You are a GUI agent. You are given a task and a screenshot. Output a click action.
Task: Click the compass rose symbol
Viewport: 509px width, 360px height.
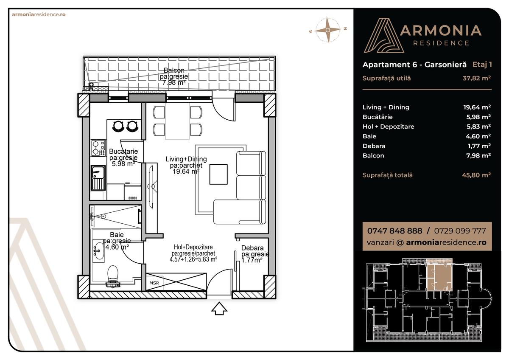click(x=328, y=30)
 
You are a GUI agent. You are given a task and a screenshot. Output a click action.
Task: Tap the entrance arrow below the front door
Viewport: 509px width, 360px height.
click(x=219, y=309)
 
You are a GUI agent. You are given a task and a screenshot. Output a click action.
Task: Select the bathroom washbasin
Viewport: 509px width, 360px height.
click(x=98, y=250)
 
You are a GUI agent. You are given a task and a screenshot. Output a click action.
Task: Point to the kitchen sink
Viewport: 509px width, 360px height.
click(x=98, y=177)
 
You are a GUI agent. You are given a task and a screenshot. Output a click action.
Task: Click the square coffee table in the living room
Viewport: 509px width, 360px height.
click(x=218, y=174)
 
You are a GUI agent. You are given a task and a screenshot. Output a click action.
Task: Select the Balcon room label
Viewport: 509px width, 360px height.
click(x=174, y=70)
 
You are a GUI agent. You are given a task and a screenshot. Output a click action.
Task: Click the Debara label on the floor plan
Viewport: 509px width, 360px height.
click(x=252, y=248)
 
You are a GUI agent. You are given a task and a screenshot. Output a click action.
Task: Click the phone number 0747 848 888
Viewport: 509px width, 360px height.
click(x=394, y=231)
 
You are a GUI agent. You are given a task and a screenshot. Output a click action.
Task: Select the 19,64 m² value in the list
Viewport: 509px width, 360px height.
click(x=477, y=107)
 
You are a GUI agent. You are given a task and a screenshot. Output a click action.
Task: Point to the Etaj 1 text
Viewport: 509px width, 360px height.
click(x=482, y=65)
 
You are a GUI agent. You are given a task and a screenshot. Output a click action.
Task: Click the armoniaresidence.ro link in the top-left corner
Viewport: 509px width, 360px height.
click(x=39, y=14)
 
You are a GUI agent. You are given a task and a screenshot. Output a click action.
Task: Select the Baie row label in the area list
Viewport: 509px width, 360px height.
click(x=369, y=136)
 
